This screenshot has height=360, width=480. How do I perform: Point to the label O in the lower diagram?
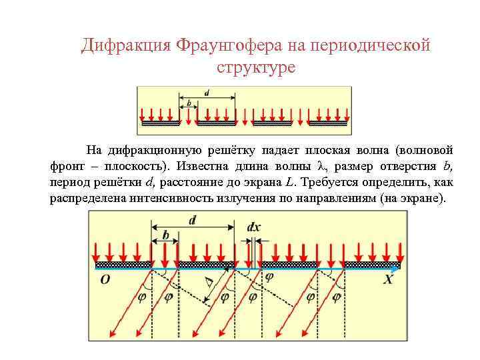point(105,280)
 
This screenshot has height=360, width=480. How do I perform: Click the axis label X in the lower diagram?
point(389,280)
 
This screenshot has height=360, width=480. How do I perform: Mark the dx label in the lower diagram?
point(254,227)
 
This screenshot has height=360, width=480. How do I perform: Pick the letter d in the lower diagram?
point(193,220)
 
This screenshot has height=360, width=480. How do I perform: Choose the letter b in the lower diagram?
point(166,236)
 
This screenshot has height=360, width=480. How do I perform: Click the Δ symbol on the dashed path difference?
point(211,285)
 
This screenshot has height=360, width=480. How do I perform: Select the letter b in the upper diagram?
point(189,103)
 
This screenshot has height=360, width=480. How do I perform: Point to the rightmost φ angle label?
point(337,295)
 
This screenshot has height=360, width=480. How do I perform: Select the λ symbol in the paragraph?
point(320,166)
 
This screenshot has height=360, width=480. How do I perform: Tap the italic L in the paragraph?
point(289,182)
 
